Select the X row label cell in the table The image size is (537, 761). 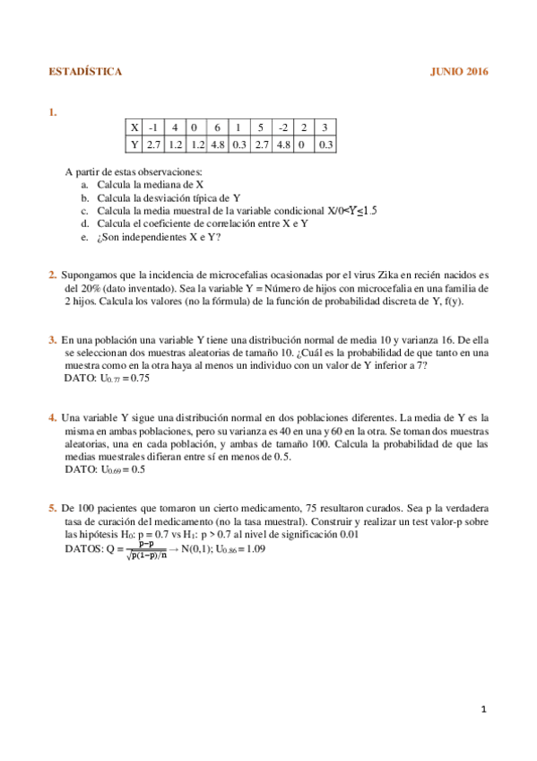[134, 127]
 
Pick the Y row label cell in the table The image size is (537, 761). [134, 143]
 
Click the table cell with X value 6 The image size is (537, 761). [217, 127]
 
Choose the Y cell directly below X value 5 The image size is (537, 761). [260, 143]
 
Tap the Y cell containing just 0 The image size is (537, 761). [304, 143]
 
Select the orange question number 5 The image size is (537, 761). [52, 508]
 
